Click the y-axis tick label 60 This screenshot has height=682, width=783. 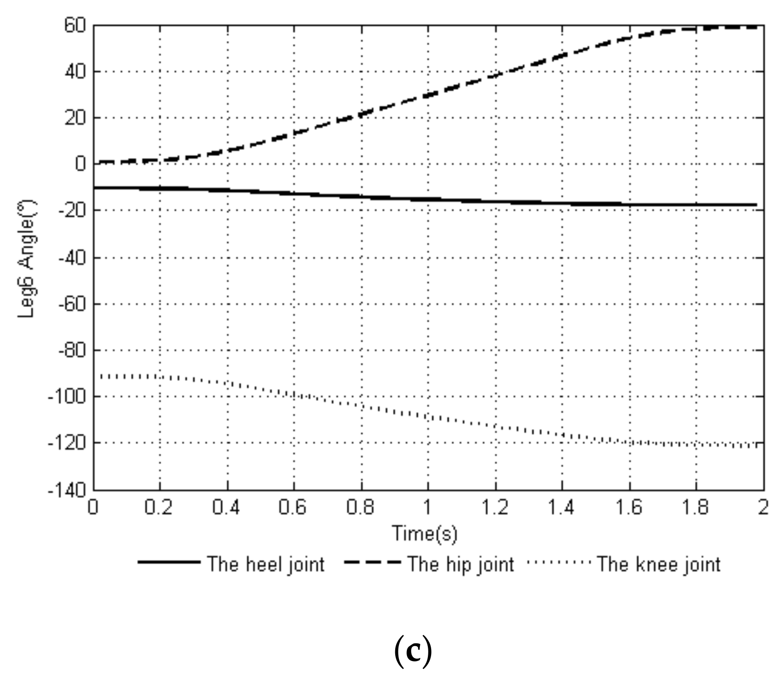[76, 25]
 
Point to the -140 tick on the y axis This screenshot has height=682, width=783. [68, 490]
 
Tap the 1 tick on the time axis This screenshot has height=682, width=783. [427, 507]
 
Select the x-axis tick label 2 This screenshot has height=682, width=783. [763, 507]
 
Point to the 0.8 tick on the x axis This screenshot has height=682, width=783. [360, 507]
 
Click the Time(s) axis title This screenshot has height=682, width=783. [425, 534]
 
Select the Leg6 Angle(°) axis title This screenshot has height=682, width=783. [27, 259]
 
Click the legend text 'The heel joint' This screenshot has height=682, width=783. [266, 565]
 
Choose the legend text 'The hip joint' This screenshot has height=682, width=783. [461, 565]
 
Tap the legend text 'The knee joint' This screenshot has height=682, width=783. [659, 565]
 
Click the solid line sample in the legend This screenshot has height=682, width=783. [169, 562]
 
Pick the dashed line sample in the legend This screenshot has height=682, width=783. [373, 562]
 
